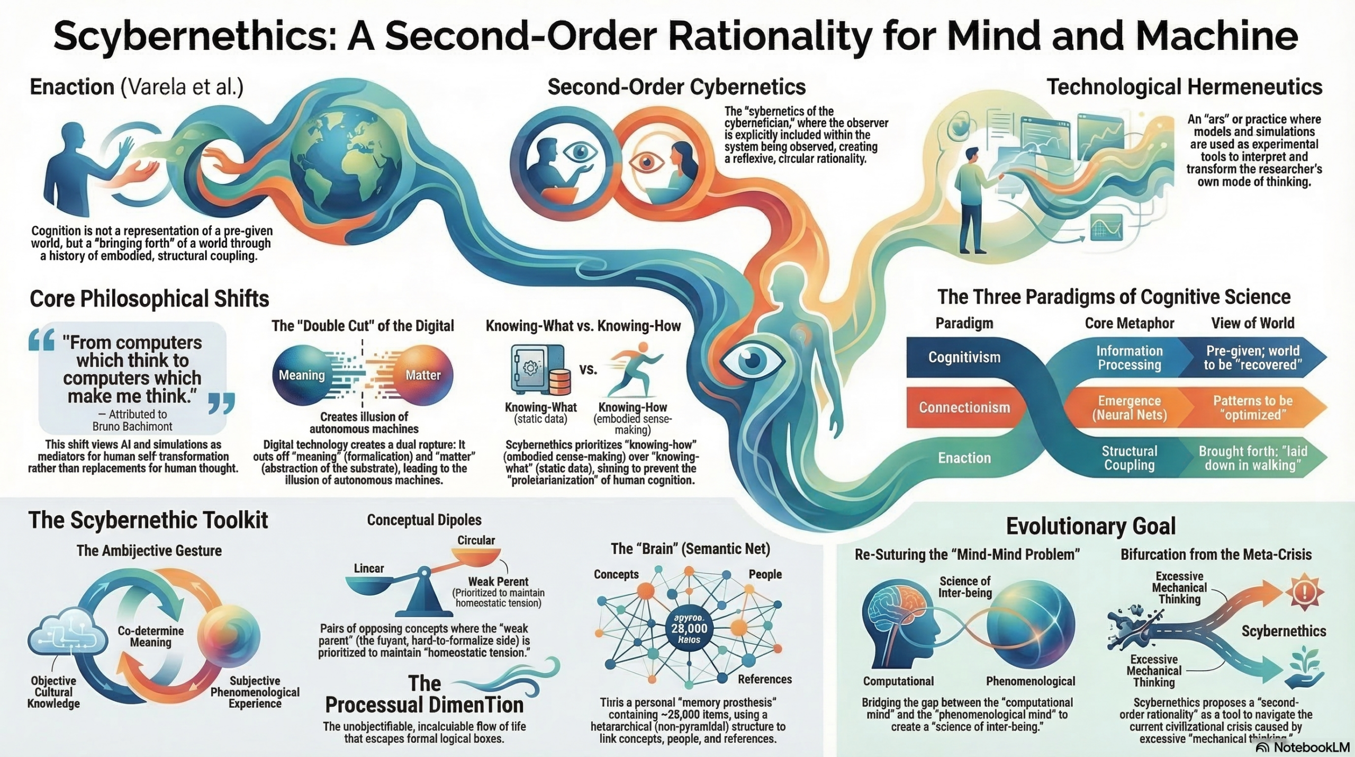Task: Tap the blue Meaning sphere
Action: click(x=302, y=375)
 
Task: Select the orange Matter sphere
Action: click(x=423, y=375)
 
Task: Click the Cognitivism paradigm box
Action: click(x=964, y=357)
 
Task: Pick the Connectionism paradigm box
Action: click(x=964, y=407)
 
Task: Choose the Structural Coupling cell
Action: click(x=1129, y=458)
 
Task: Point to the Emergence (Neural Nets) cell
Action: click(x=1129, y=408)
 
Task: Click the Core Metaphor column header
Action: click(x=1129, y=323)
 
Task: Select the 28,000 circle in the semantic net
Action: click(x=689, y=629)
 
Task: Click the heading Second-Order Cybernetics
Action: click(x=676, y=87)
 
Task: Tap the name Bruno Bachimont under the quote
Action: click(x=132, y=426)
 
